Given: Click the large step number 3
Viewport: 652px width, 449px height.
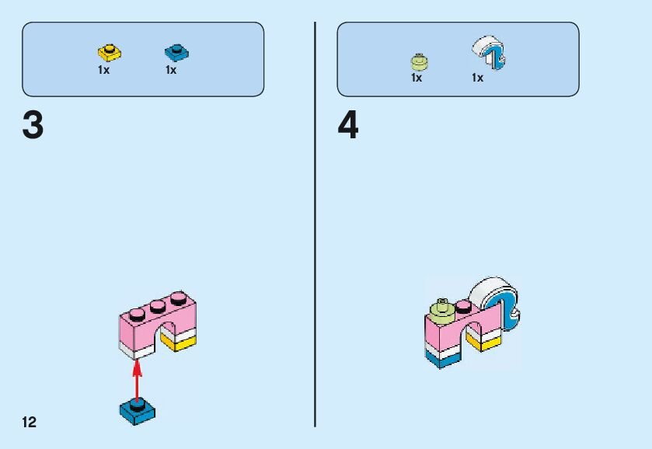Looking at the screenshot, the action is tap(33, 126).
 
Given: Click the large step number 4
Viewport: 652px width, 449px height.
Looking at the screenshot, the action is tap(348, 126).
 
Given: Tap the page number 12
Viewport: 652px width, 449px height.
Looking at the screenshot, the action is tap(30, 423).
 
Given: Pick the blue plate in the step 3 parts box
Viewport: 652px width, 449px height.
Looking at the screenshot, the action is tap(176, 53).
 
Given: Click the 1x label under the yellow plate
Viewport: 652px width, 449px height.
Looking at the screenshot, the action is tap(104, 70).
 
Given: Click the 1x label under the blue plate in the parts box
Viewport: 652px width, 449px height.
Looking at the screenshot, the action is tap(171, 70).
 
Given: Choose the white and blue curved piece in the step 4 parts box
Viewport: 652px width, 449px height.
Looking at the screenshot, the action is tap(489, 53).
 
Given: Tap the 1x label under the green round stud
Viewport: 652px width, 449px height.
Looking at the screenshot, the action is tap(417, 78).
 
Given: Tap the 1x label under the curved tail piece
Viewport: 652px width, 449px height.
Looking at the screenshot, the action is tap(477, 78).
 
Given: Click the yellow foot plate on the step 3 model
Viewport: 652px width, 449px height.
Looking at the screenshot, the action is tap(180, 342).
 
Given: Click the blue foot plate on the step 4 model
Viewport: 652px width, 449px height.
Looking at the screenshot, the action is tap(444, 357).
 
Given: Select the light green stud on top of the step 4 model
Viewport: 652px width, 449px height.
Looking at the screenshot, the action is tap(444, 305).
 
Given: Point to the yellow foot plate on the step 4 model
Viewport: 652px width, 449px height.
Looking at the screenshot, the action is tap(484, 341).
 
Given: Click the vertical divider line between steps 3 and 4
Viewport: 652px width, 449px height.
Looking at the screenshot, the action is tap(315, 225).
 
